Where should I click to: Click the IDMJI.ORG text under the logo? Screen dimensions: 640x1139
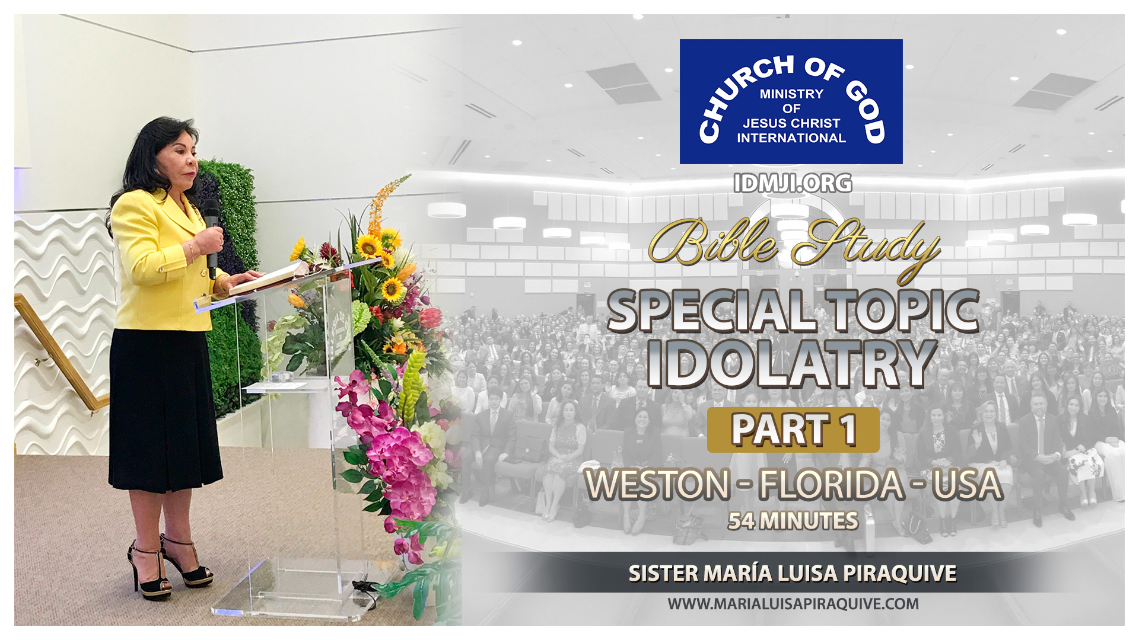793,184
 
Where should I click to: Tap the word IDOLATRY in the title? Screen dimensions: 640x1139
791,363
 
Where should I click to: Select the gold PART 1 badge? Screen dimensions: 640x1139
793,430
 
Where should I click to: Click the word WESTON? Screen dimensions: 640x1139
657,485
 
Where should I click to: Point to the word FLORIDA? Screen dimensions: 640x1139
831,485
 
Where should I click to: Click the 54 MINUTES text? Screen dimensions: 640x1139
793,521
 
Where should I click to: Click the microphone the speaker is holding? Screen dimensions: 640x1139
211,237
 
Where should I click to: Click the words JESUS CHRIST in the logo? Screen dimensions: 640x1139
791,123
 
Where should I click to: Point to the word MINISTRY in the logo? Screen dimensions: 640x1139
791,94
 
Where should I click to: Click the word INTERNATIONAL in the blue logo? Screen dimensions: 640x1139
791,138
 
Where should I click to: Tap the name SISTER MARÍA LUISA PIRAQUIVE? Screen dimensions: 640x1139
793,574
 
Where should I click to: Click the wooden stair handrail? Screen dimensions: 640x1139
59,350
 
